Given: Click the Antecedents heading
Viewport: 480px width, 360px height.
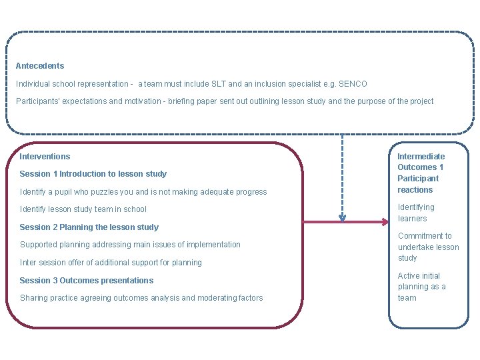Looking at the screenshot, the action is (x=40, y=66).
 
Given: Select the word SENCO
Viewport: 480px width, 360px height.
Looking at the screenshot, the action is (x=353, y=84).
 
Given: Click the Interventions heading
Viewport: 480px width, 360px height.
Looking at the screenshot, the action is (x=45, y=157).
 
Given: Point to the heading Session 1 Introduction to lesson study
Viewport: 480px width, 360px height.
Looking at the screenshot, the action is (x=93, y=174).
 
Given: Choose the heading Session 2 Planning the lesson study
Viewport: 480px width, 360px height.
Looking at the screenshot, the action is (x=89, y=227).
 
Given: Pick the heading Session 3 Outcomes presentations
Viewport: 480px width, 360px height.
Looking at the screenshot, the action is (x=87, y=281).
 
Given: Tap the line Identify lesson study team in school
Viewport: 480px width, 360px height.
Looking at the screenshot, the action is (x=83, y=209).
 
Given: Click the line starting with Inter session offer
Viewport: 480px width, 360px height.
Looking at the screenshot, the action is (x=111, y=263).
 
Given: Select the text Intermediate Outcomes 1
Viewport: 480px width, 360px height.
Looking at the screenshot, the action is (x=421, y=162).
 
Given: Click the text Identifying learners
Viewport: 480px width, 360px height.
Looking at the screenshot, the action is (x=416, y=213).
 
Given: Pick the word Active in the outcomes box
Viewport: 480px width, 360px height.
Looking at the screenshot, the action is (x=409, y=276).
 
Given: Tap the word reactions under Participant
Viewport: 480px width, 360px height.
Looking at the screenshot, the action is (x=415, y=190).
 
